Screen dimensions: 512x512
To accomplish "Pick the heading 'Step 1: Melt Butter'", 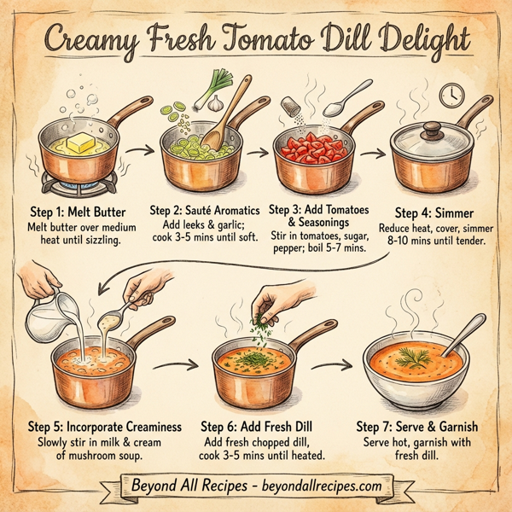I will tap(79, 210).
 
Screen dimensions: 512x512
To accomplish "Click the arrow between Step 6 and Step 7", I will tap(333, 366).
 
